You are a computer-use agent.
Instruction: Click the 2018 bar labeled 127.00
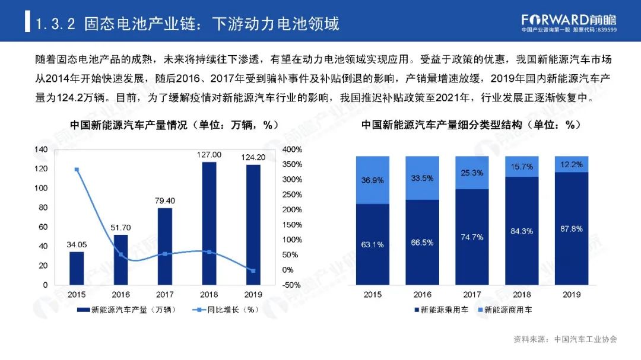[x=209, y=223]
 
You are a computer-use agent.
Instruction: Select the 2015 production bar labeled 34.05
[x=77, y=268]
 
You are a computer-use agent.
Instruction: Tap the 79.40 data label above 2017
[x=164, y=200]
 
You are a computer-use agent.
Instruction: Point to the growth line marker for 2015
[x=77, y=170]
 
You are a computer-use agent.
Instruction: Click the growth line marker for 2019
[x=253, y=271]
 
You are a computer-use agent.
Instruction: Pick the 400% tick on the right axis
[x=293, y=149]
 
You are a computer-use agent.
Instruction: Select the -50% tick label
[x=292, y=285]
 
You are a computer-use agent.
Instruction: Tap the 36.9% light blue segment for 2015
[x=372, y=180]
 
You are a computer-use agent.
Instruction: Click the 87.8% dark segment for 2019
[x=571, y=228]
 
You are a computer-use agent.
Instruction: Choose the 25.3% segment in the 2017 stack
[x=472, y=173]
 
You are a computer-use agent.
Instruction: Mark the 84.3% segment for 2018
[x=522, y=231]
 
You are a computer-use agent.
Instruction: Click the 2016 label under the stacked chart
[x=422, y=295]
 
